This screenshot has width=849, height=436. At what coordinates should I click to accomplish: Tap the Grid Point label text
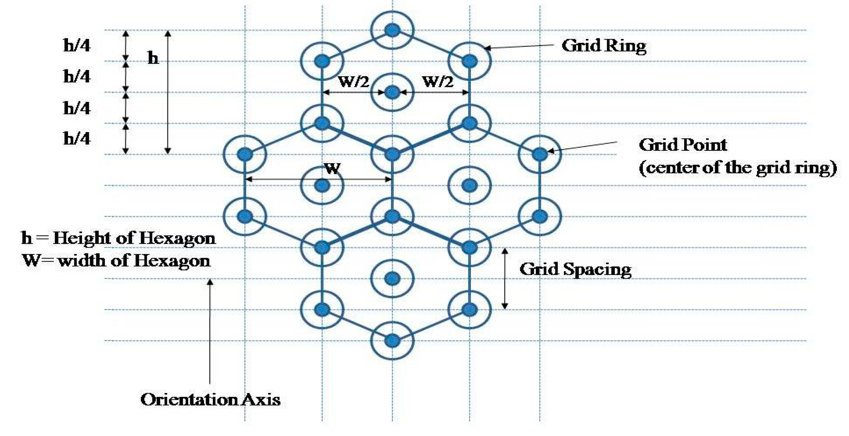coord(683,145)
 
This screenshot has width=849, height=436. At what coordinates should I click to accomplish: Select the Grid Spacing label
coord(575,269)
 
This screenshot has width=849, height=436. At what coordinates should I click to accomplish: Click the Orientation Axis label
coord(210,400)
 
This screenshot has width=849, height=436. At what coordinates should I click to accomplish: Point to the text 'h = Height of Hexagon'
coord(118,238)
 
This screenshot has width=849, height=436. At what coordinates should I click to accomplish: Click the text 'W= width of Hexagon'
coord(116,261)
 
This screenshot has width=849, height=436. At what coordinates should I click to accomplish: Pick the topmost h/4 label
coord(77,45)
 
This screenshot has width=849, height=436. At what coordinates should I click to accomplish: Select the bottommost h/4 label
coord(77,139)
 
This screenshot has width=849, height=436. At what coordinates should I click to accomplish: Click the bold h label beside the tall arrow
coord(153,59)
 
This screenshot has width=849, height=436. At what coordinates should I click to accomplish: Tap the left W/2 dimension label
coord(354,81)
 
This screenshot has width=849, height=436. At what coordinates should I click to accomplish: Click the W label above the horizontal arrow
coord(332,168)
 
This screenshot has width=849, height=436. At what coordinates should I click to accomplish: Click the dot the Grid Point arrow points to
coord(539,154)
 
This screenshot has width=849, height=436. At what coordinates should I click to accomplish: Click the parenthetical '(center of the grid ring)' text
coord(738,168)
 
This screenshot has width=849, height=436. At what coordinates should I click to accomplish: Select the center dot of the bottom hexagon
coord(392,279)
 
